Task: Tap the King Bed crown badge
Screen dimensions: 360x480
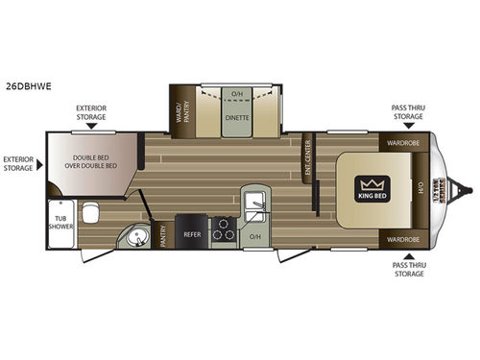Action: click(x=371, y=184)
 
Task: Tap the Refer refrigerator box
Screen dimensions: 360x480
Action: click(x=192, y=231)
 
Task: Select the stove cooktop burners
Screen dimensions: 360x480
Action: click(x=224, y=230)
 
